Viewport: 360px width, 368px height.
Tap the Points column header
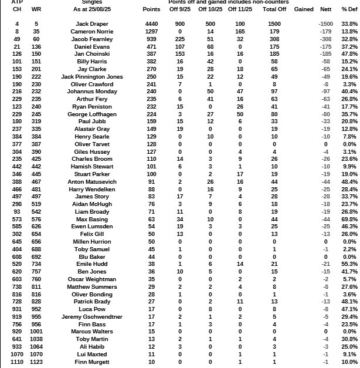tap(151, 10)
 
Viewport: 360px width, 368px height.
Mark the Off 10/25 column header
tap(210, 10)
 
